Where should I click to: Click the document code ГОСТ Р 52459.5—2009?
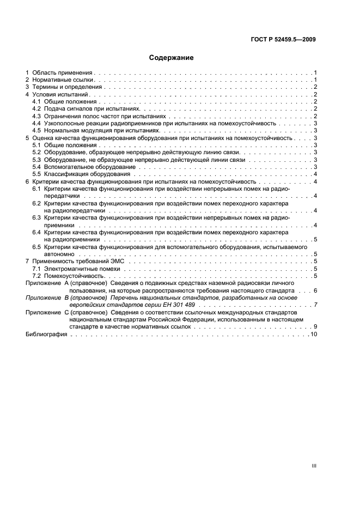click(288, 39)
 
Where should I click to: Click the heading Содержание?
click(171, 57)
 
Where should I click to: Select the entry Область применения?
click(63, 72)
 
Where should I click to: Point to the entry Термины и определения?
click(67, 87)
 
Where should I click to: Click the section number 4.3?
click(36, 116)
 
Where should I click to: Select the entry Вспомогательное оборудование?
click(83, 167)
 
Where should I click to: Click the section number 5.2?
click(36, 153)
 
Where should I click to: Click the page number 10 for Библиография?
click(313, 334)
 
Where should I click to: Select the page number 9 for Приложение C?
click(315, 327)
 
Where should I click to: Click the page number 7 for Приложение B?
click(315, 305)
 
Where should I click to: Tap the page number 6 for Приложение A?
click(315, 291)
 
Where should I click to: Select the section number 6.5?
click(36, 247)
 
